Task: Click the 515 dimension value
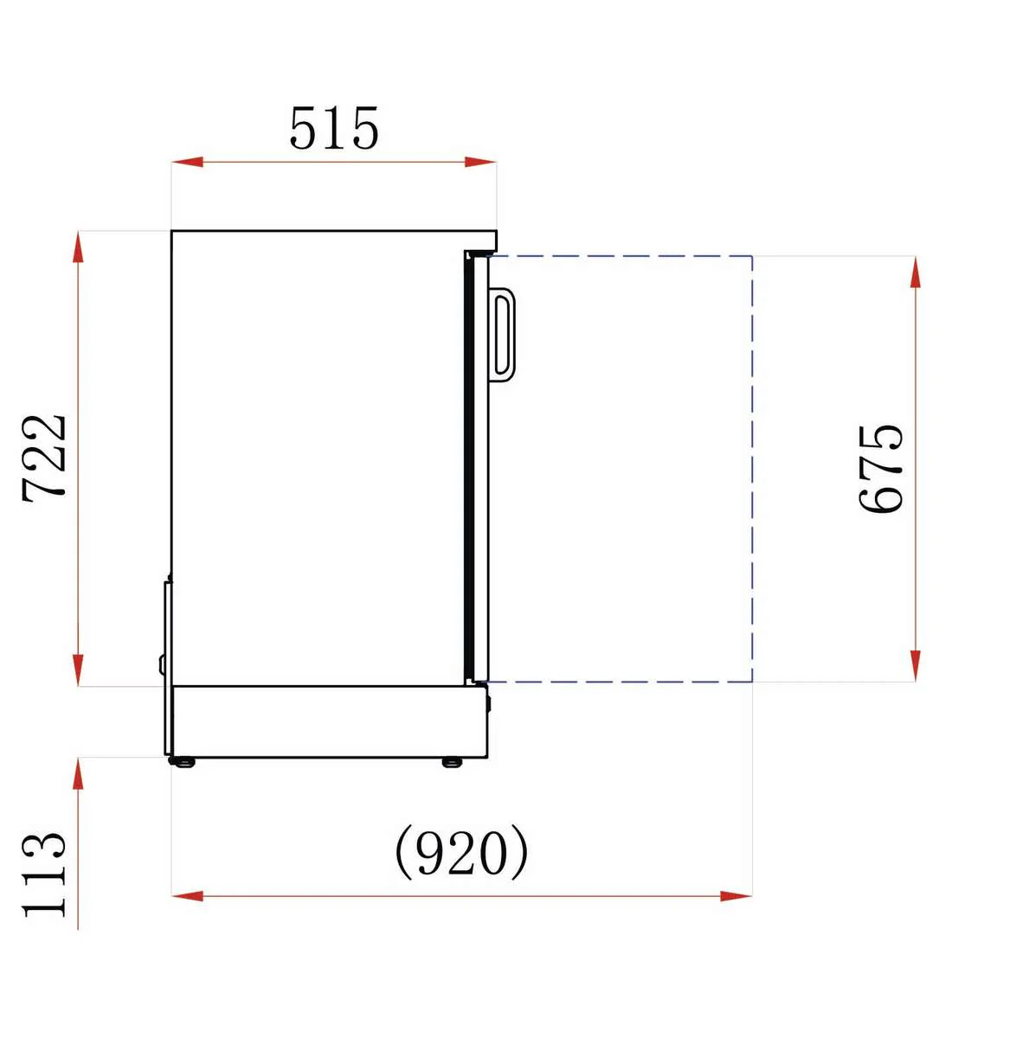(334, 128)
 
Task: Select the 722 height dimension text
(44, 458)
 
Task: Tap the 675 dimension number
(881, 469)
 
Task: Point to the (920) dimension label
(461, 852)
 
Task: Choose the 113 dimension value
(44, 875)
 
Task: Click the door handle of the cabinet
(502, 335)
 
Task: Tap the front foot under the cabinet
(452, 762)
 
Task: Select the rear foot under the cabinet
(182, 762)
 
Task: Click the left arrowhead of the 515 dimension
(187, 162)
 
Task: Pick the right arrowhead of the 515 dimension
(480, 162)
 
